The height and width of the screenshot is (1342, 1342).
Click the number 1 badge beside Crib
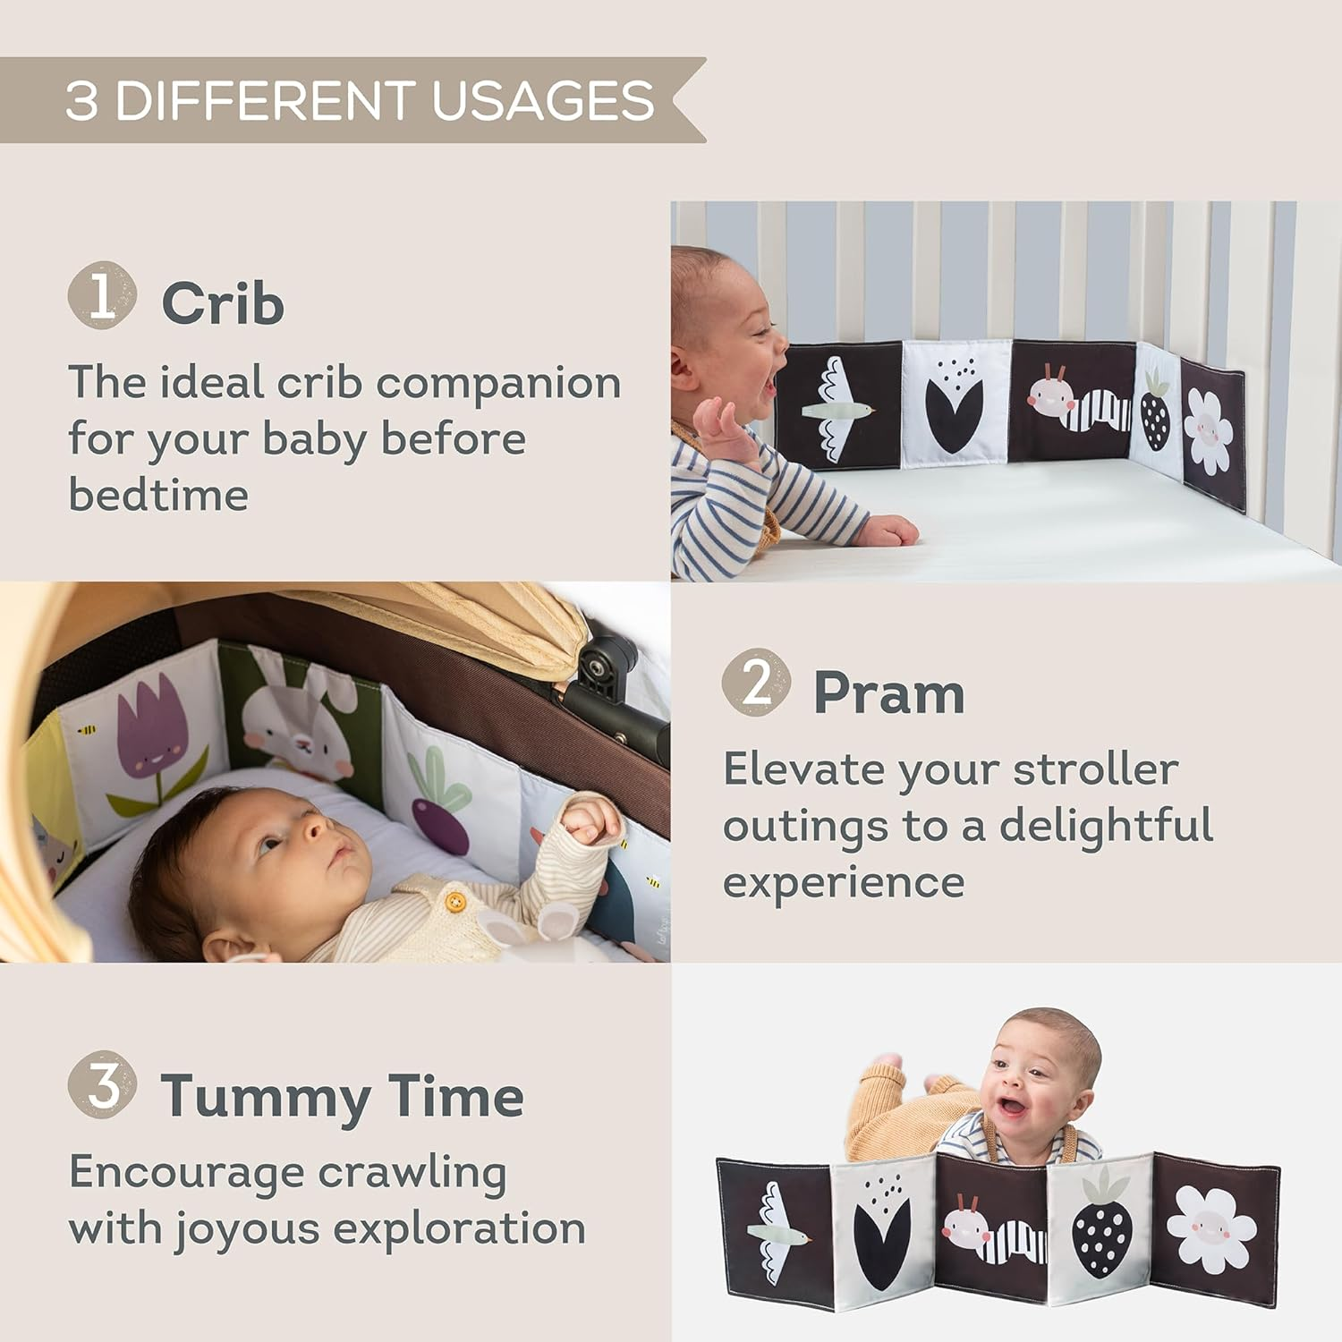click(x=102, y=295)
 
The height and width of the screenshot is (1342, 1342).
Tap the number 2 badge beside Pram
click(x=756, y=683)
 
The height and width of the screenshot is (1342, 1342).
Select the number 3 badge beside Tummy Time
click(x=102, y=1084)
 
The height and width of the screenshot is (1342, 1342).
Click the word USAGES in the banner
click(x=542, y=100)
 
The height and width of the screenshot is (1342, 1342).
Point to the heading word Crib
click(x=223, y=304)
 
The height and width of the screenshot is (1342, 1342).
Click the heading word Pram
click(x=888, y=693)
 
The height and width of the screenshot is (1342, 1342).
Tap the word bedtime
click(x=158, y=495)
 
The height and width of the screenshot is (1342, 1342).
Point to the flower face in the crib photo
click(x=1209, y=432)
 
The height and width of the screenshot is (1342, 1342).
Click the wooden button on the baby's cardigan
click(x=455, y=901)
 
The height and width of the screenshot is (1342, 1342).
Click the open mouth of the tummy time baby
click(x=1012, y=1107)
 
